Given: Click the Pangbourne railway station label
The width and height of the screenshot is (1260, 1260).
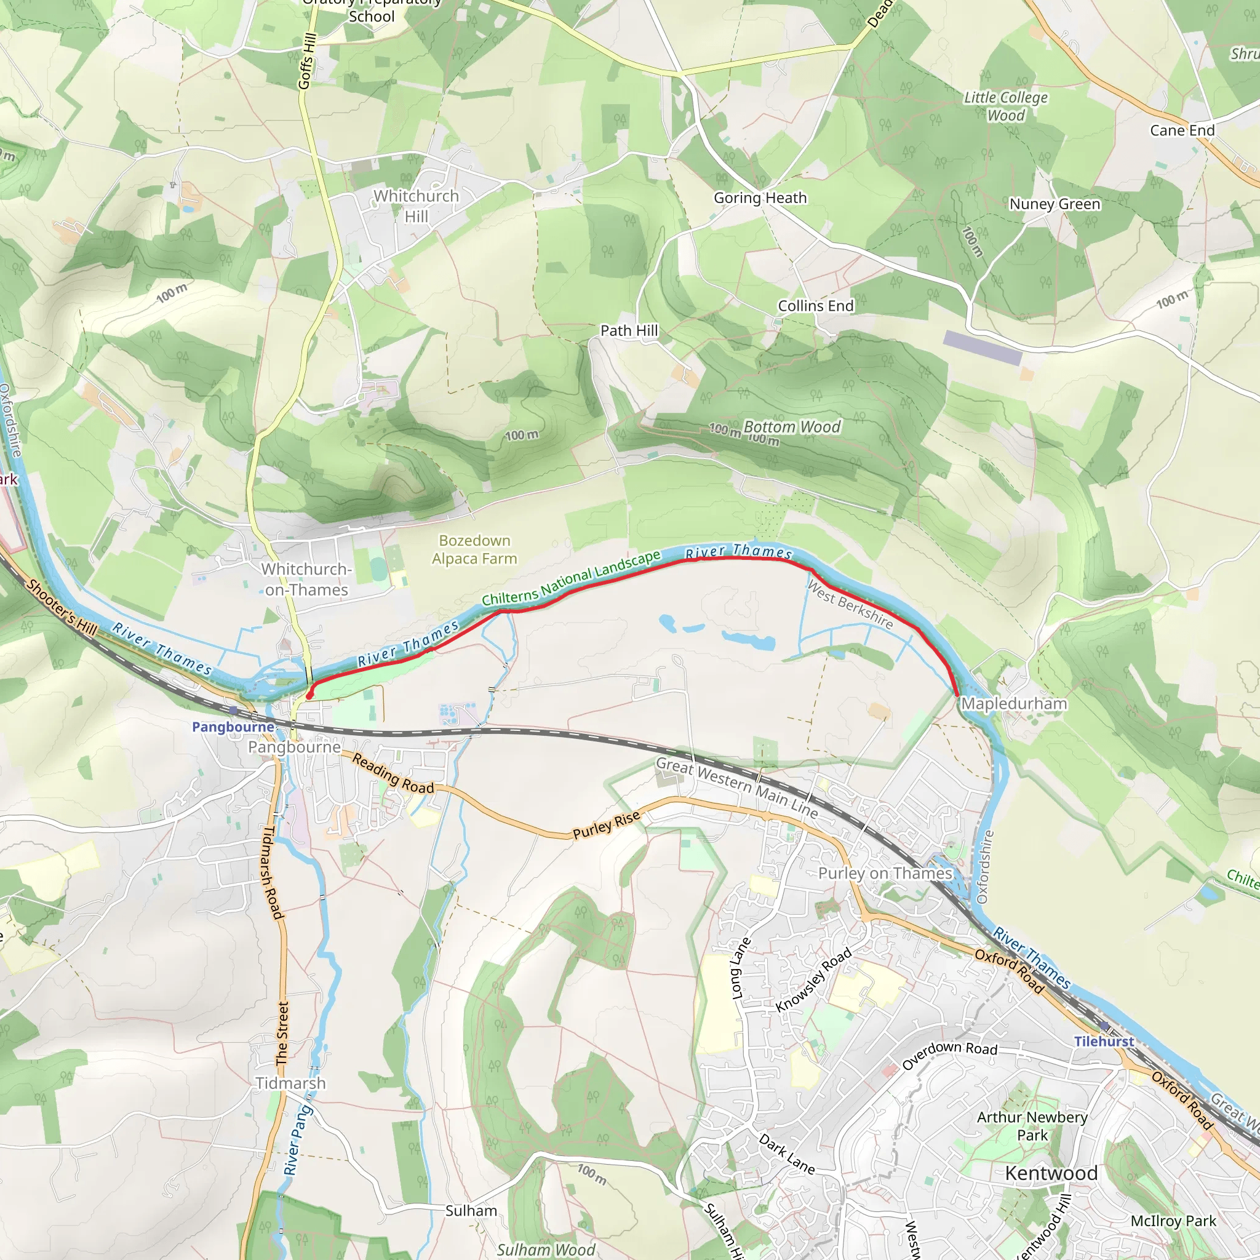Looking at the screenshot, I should [x=233, y=727].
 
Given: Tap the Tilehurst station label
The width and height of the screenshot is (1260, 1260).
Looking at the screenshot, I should [x=1104, y=1042].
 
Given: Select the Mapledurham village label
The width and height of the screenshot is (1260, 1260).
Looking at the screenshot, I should [x=1013, y=704].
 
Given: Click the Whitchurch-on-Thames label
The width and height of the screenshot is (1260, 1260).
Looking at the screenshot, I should [x=306, y=579].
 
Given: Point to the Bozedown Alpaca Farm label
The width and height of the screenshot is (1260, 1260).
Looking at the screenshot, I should [x=474, y=549].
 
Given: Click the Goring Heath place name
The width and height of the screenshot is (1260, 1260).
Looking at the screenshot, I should [x=760, y=197].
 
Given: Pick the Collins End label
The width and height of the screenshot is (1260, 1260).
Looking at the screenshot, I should [x=815, y=306].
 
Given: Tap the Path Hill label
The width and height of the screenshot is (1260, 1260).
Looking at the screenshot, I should [x=629, y=330].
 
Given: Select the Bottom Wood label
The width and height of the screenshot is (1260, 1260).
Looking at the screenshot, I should [x=792, y=427].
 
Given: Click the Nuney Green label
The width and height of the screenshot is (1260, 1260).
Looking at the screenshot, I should [x=1055, y=204].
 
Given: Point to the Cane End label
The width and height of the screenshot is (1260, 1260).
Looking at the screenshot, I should [x=1182, y=130].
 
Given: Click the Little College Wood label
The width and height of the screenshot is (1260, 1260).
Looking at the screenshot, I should [x=1006, y=106].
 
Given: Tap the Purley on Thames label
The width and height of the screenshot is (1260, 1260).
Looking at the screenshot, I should [x=885, y=873].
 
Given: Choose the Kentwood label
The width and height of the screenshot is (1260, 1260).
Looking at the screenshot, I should [x=1051, y=1173].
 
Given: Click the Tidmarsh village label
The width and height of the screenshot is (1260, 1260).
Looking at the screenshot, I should [x=290, y=1083].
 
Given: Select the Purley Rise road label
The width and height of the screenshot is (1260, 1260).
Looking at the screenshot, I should [x=606, y=825].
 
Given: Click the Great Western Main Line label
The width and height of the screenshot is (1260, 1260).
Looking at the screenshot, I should [x=736, y=786].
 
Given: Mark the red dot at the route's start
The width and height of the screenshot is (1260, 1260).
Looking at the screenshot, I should [x=309, y=695].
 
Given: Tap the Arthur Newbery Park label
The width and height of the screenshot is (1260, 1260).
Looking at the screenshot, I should [x=1032, y=1126].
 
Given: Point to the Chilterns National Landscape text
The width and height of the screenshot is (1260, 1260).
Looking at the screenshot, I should [x=572, y=578].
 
